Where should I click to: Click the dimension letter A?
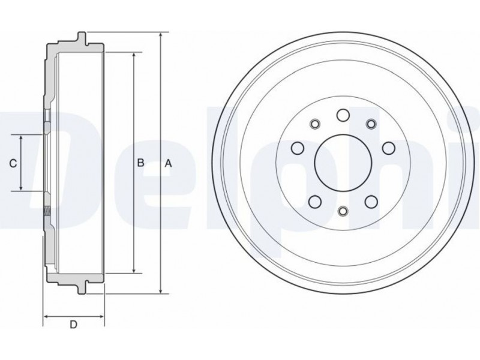(x=169, y=164)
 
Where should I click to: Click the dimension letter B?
(x=140, y=163)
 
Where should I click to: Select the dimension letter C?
(x=13, y=164)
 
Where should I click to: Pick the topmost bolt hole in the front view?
(x=343, y=115)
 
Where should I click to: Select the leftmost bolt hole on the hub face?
(x=298, y=148)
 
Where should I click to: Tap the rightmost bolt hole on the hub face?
(x=388, y=148)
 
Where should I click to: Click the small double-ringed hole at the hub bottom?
(x=343, y=211)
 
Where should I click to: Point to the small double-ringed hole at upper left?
(x=314, y=124)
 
